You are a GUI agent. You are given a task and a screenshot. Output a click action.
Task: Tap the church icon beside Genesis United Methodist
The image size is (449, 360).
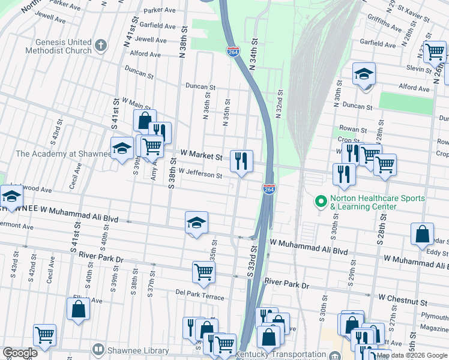[x=101, y=44]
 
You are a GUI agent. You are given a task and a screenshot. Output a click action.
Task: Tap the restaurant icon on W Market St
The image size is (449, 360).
[x=241, y=160]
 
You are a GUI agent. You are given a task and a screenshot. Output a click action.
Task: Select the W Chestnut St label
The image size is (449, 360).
[x=402, y=296]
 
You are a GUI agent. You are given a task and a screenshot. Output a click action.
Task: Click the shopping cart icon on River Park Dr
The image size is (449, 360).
[x=203, y=271]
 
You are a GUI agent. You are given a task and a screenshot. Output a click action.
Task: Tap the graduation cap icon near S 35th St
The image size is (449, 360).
[x=196, y=223]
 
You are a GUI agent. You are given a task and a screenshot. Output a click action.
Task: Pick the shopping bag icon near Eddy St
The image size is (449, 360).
[x=422, y=233]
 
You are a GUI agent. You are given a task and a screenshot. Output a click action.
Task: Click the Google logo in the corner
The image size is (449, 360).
[x=20, y=353]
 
